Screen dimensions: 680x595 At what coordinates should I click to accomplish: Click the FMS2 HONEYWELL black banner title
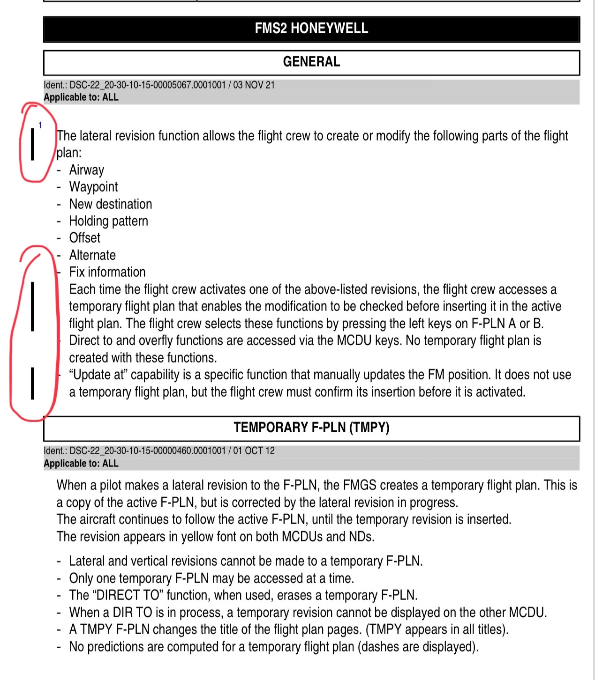click(311, 29)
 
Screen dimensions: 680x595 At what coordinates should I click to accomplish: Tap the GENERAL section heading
click(311, 62)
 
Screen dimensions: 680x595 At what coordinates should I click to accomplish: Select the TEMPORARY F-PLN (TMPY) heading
click(311, 428)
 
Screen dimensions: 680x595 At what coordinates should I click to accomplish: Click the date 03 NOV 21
click(254, 85)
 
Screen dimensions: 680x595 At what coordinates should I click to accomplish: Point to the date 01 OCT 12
click(254, 451)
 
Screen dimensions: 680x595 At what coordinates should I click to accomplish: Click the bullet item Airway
click(87, 170)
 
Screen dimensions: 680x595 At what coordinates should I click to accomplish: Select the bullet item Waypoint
click(93, 187)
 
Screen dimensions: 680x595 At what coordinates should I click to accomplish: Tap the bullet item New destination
click(111, 204)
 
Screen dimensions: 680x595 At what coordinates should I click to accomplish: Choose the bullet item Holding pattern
click(108, 221)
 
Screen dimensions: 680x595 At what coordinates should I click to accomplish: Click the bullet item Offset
click(84, 238)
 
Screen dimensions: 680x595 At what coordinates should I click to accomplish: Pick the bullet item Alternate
click(92, 255)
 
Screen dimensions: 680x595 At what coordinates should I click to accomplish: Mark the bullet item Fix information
click(107, 272)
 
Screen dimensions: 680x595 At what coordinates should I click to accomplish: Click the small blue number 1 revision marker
click(40, 125)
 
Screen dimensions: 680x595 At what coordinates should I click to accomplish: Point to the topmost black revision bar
click(32, 144)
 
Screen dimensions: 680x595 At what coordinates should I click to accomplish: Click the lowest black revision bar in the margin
click(32, 384)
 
